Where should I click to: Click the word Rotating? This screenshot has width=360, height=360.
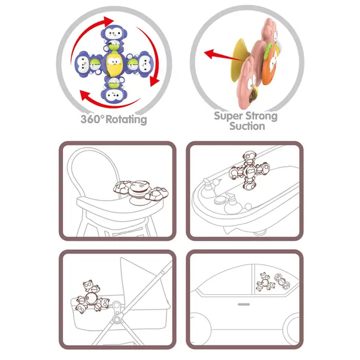coord(126,120)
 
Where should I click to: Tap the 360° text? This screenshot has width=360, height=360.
coord(92,119)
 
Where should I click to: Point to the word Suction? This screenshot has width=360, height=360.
coord(247,126)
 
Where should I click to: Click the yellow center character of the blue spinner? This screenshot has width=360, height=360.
coord(114,64)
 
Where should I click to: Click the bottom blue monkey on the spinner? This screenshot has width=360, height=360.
coord(114,91)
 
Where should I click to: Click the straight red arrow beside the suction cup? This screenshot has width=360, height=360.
coord(222,56)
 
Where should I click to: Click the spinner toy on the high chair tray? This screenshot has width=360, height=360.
coord(141,192)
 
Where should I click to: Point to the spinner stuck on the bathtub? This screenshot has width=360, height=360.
coord(250,170)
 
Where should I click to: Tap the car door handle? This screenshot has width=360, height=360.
coord(244,304)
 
